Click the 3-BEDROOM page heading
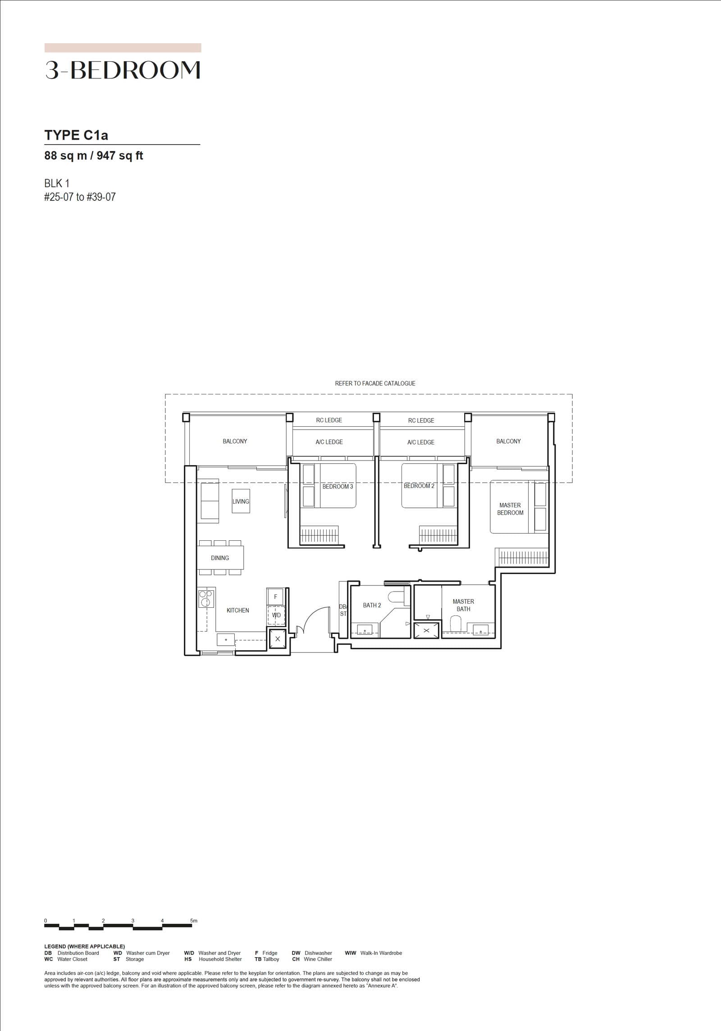coord(123,70)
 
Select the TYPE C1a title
coord(76,135)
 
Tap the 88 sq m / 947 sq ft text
coord(94,156)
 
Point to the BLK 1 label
coord(57,183)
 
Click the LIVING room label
coord(241,502)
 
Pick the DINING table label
coord(220,558)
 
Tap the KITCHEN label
coord(237,610)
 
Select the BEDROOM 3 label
coord(338,487)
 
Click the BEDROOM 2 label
coord(419,486)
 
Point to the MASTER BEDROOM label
coord(510,509)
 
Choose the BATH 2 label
coord(372,606)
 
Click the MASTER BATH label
coord(463,605)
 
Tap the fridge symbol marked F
coord(275,597)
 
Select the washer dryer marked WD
coord(276,615)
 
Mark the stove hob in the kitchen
coord(205,598)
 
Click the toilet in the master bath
coord(456,624)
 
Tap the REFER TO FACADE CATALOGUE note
coord(375,384)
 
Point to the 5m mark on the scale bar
coord(194,921)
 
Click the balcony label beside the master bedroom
coord(508,441)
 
